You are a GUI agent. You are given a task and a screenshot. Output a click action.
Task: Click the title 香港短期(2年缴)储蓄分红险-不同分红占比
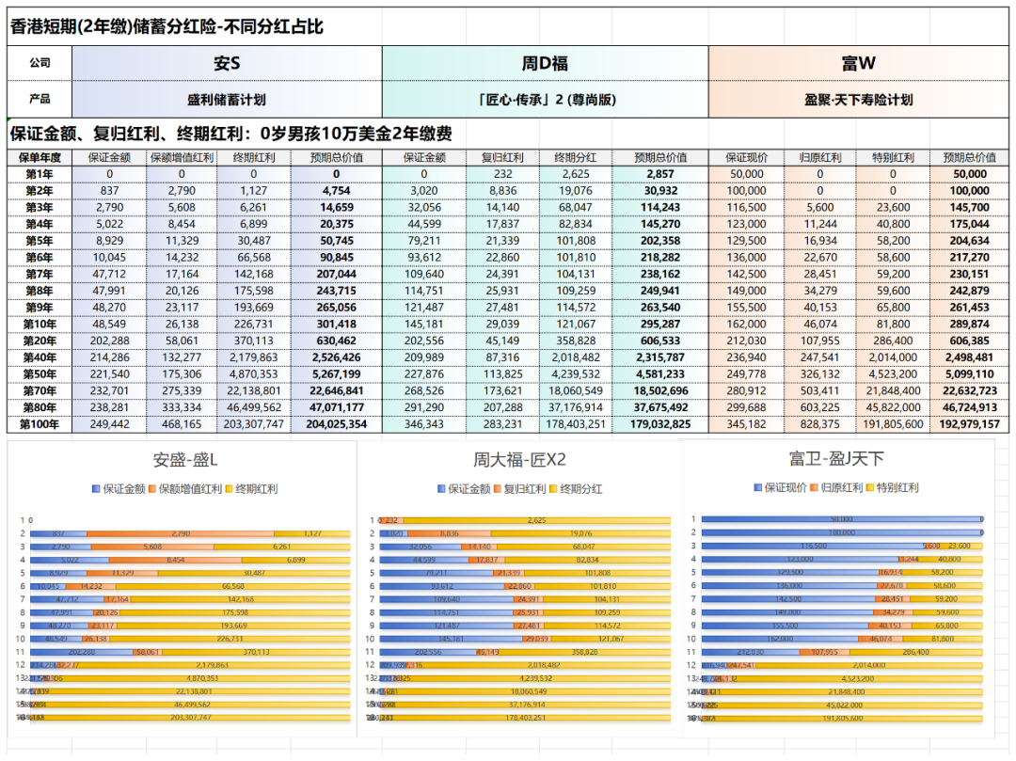(167, 26)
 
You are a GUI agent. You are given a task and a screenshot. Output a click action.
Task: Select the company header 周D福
(545, 64)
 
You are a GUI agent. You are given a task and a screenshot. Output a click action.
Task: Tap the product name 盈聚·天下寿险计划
(858, 99)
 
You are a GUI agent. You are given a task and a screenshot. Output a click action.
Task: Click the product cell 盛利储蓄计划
(227, 99)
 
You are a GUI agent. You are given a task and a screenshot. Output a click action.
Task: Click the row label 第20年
(39, 341)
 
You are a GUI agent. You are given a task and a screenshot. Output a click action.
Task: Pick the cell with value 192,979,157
(969, 424)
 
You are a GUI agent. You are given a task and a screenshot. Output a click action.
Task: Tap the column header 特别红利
(893, 157)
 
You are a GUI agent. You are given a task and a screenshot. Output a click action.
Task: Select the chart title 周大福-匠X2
(519, 461)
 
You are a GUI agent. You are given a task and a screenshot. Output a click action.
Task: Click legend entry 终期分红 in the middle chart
(580, 489)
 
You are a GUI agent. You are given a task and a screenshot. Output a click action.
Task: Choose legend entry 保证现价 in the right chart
(783, 487)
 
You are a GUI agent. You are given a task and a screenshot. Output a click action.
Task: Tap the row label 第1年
(39, 174)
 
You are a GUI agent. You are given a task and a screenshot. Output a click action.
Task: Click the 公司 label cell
(39, 64)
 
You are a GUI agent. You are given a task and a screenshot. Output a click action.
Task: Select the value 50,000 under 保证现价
(746, 174)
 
